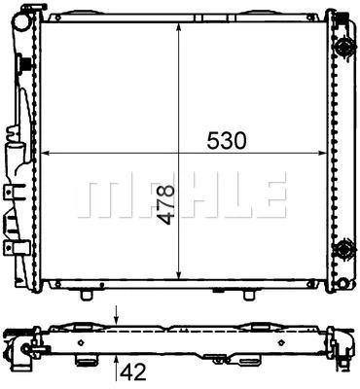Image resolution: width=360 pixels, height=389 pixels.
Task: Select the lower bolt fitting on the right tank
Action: tap(342, 250)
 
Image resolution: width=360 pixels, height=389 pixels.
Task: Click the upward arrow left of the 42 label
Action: tap(118, 365)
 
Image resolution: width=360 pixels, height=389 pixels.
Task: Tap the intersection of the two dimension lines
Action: tap(178, 153)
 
